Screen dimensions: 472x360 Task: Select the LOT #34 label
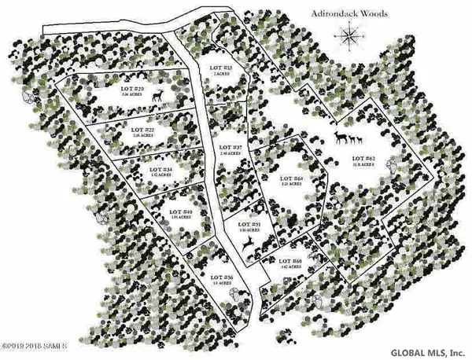click(x=160, y=167)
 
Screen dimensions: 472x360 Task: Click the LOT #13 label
click(x=220, y=68)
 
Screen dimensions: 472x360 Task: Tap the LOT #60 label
click(x=290, y=261)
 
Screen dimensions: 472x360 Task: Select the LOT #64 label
click(x=291, y=180)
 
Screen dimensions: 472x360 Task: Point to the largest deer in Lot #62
click(x=341, y=138)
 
